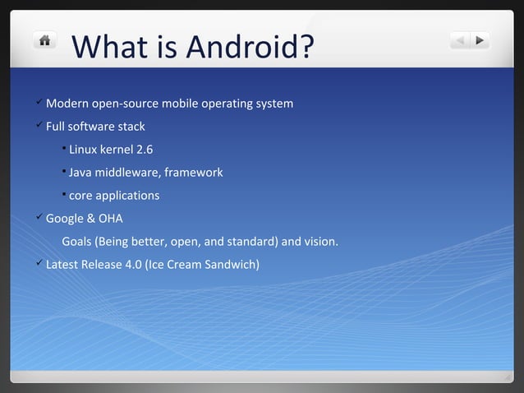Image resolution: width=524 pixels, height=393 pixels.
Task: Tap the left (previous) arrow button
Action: coord(460,39)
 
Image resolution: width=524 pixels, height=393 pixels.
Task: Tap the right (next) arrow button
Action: coord(480,39)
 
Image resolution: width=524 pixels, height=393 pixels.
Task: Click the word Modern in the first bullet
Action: coord(69,104)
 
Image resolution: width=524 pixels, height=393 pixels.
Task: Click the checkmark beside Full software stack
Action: coord(39,126)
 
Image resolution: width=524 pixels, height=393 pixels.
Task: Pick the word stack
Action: coord(131,127)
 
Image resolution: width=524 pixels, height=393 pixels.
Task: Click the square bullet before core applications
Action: coord(64,194)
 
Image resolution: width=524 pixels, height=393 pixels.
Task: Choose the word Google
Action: coord(65,219)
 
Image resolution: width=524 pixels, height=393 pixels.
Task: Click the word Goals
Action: coord(76,242)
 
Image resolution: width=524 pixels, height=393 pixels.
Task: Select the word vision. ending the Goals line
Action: coord(321,242)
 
